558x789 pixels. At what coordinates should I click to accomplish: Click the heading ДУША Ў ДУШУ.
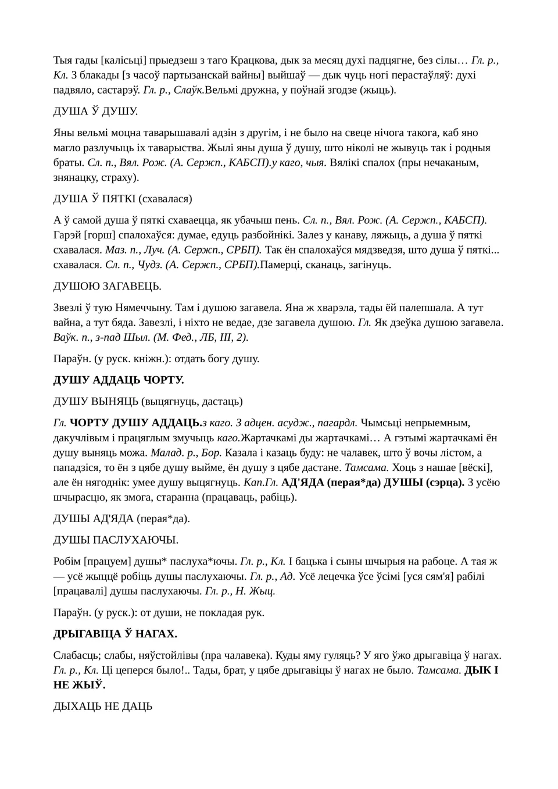pyautogui.click(x=95, y=111)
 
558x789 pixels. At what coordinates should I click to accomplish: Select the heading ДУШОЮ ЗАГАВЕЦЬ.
pyautogui.click(x=107, y=286)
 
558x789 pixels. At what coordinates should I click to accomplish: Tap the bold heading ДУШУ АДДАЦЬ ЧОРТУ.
pyautogui.click(x=119, y=380)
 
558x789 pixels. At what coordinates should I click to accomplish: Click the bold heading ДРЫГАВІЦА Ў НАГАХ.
pyautogui.click(x=115, y=633)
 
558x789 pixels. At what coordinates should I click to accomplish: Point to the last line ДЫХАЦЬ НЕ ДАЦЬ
pyautogui.click(x=103, y=706)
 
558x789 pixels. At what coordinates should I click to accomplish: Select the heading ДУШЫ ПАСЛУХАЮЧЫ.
pyautogui.click(x=116, y=540)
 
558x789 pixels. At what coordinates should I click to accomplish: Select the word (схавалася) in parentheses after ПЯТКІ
pyautogui.click(x=165, y=198)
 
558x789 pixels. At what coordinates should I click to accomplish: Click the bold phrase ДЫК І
pyautogui.click(x=481, y=670)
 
